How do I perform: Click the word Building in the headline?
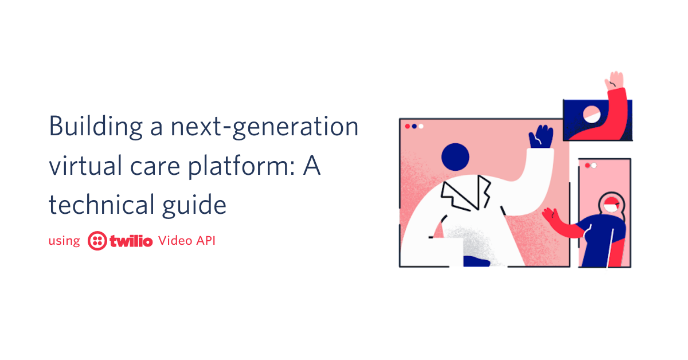(x=96, y=127)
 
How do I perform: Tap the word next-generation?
(x=264, y=127)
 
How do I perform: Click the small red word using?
(x=64, y=241)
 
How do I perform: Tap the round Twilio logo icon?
(x=97, y=241)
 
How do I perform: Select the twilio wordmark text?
(x=131, y=241)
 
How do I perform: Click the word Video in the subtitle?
(x=175, y=241)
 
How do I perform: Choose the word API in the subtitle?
(x=206, y=241)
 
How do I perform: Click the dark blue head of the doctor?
(x=455, y=156)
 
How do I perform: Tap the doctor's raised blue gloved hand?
(x=541, y=137)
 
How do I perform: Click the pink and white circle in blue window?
(x=592, y=114)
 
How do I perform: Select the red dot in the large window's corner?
(x=408, y=126)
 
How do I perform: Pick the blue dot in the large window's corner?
(x=414, y=126)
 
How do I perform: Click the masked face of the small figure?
(x=612, y=205)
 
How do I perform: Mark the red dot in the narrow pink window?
(x=588, y=166)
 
